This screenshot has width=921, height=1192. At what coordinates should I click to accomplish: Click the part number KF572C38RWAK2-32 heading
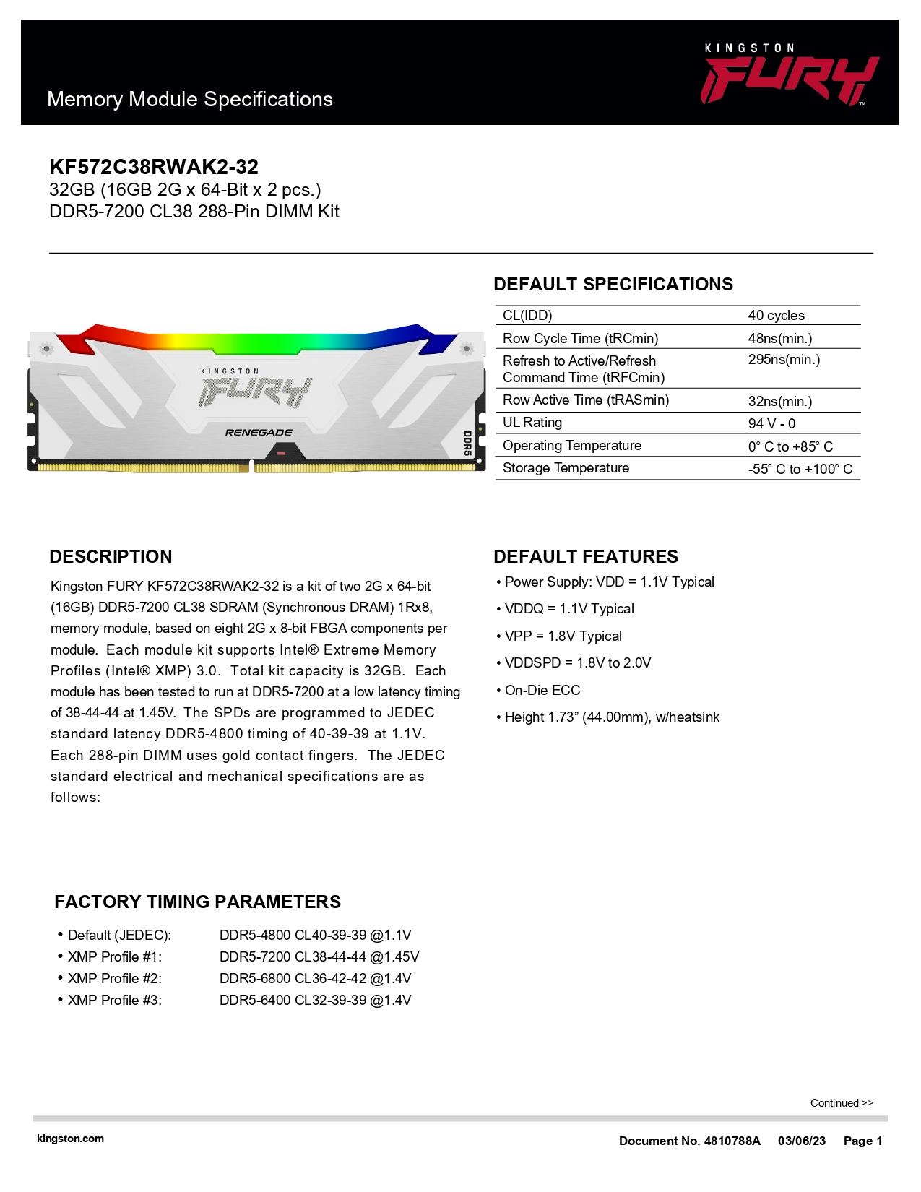tap(154, 167)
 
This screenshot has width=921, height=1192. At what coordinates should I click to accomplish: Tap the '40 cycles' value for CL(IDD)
tap(776, 316)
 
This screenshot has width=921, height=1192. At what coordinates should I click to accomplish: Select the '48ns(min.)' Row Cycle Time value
tap(779, 339)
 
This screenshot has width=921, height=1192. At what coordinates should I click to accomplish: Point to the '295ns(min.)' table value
tap(784, 360)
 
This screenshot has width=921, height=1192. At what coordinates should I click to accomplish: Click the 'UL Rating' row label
tap(532, 423)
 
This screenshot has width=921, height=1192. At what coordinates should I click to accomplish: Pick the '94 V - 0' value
tap(771, 424)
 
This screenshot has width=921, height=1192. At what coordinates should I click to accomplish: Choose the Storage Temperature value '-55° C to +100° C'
tap(800, 470)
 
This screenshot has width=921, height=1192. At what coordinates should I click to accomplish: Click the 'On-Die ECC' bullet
tap(542, 691)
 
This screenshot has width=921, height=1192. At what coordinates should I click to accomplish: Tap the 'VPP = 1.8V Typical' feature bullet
tap(563, 636)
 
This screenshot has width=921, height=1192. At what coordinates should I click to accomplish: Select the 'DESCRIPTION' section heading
tap(111, 557)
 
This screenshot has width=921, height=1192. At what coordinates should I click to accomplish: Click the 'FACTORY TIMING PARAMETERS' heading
tap(197, 902)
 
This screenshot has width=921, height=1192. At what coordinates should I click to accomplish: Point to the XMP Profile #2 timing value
tap(315, 979)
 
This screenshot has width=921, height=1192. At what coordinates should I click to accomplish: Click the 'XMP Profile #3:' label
tap(114, 1001)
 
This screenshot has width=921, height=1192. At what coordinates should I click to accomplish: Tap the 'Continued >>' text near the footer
tap(842, 1103)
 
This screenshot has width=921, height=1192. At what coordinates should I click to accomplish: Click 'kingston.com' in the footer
tap(70, 1139)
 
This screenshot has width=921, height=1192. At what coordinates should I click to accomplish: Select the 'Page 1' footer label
tap(862, 1141)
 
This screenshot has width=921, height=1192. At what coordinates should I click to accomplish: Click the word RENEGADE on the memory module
tap(259, 433)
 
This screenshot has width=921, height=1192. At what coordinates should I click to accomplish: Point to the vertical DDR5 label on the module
tap(467, 443)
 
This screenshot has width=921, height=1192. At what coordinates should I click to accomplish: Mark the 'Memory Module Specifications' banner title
tap(190, 100)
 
